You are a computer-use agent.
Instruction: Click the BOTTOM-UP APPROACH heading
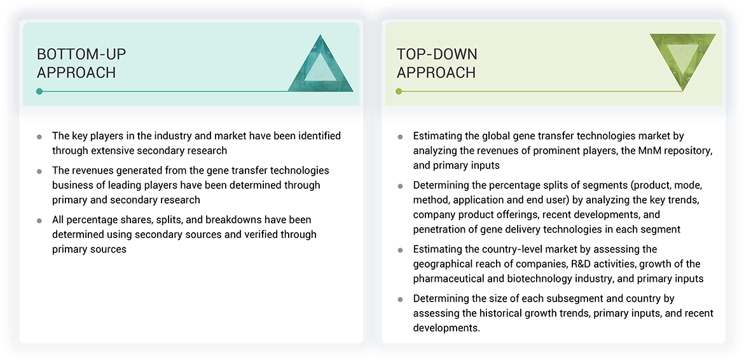click(76, 63)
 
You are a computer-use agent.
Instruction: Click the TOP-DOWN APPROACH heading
click(437, 63)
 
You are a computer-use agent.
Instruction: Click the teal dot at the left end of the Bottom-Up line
click(39, 92)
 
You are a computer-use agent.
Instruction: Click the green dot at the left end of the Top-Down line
click(399, 92)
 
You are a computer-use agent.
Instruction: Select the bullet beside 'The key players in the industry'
click(39, 137)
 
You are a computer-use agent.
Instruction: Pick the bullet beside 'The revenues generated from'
click(39, 172)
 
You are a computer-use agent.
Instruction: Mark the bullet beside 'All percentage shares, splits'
click(39, 221)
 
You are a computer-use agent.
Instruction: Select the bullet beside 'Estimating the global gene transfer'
click(400, 137)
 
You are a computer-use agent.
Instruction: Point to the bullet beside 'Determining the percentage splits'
click(400, 186)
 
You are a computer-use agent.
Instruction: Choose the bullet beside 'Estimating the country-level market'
click(400, 250)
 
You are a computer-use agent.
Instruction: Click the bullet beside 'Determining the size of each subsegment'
click(400, 299)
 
